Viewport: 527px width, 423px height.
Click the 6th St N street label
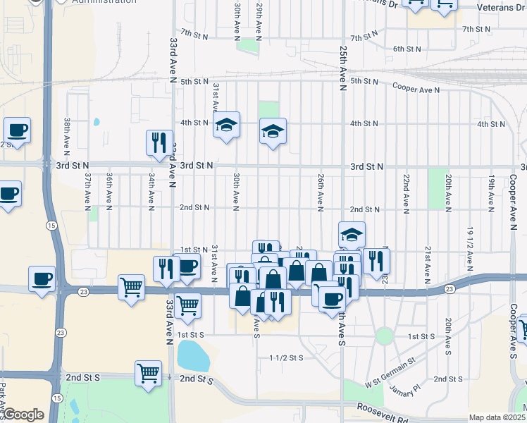point(407,49)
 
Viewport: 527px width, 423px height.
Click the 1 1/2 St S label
point(285,358)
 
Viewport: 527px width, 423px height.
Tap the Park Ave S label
point(4,399)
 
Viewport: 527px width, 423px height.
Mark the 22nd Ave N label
point(406,192)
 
